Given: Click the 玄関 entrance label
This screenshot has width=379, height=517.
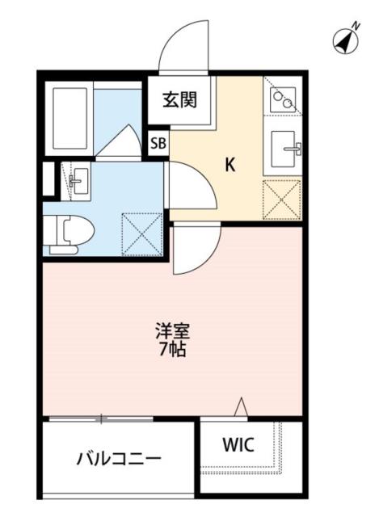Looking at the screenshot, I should tap(179, 101).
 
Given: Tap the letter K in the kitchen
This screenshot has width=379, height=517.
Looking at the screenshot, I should tap(230, 165).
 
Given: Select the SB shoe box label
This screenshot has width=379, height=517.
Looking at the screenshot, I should tap(158, 144).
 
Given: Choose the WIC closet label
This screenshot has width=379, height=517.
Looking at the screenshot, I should tap(238, 444).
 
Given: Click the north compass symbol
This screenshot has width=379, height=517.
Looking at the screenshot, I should tap(346, 39).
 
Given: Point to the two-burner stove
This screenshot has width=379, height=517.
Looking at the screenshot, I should tap(284, 100).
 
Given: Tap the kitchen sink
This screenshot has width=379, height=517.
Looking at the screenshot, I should tap(284, 149).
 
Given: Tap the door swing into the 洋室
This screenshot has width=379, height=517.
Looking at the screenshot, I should tap(194, 250).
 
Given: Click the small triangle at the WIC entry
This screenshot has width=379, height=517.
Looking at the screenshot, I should tap(240, 409).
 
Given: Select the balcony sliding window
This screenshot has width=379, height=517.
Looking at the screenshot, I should tap(101, 418).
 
